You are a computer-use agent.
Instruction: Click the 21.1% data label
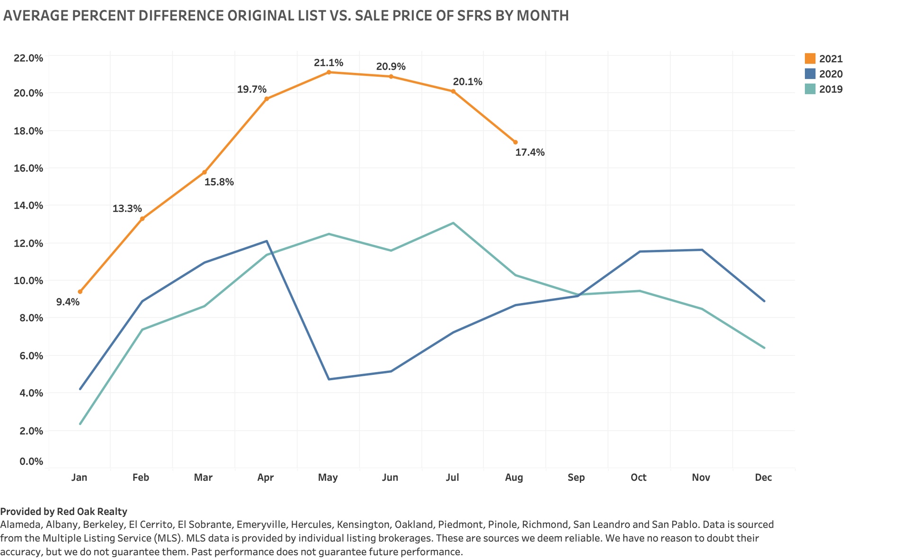click(328, 63)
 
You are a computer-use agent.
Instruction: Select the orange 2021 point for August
click(516, 142)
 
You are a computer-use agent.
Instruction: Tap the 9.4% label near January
click(68, 302)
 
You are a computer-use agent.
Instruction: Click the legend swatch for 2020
click(810, 74)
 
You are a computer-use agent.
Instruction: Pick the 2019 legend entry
click(830, 89)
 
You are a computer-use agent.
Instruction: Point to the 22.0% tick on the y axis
click(28, 58)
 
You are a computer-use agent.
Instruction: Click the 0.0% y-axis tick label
click(31, 461)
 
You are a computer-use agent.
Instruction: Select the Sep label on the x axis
click(576, 477)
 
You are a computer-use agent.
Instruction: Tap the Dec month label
click(763, 477)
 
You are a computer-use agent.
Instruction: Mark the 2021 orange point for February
click(142, 219)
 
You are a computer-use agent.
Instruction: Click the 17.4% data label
click(530, 152)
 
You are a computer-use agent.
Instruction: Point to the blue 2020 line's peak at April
click(267, 241)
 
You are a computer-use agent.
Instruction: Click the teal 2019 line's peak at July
click(453, 223)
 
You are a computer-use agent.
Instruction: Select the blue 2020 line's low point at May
click(329, 379)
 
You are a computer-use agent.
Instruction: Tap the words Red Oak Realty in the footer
click(92, 511)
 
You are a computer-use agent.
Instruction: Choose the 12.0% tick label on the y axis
click(28, 243)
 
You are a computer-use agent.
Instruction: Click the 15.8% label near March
click(219, 182)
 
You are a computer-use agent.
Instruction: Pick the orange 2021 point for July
click(453, 91)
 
